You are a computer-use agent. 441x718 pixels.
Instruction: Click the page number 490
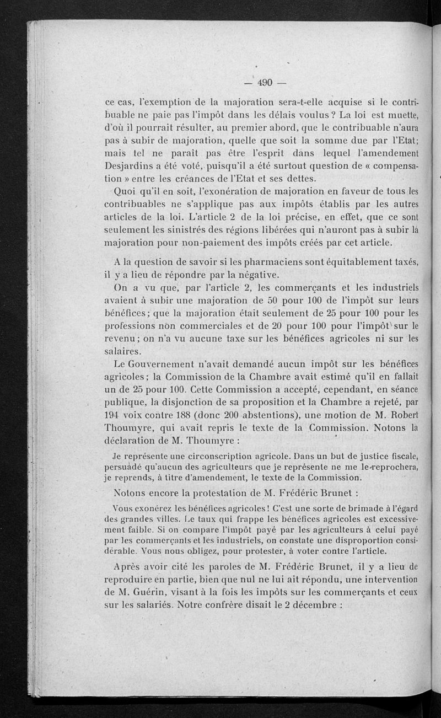pos(265,83)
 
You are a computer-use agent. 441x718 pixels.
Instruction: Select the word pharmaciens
pos(255,261)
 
